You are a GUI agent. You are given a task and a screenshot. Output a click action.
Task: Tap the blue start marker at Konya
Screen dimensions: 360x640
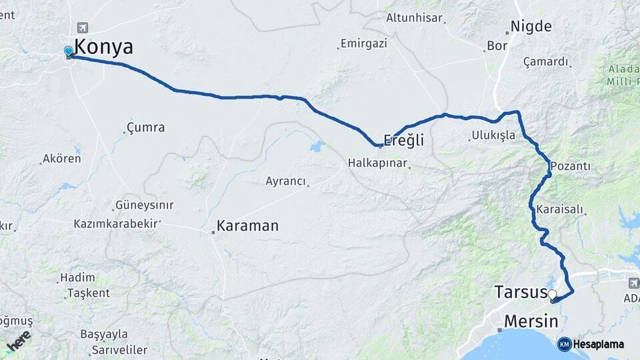point(68,51)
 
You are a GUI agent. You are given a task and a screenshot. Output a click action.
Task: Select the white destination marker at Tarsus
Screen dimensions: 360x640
point(552,294)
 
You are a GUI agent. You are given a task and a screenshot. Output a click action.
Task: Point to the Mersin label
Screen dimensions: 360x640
point(531,321)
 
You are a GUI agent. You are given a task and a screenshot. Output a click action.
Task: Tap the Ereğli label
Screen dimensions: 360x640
point(403,141)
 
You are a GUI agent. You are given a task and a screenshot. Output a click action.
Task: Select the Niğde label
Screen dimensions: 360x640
point(531,27)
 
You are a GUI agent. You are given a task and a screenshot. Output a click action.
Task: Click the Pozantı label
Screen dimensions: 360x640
point(570,165)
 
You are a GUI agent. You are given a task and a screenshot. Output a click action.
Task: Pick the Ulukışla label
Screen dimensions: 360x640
point(493,135)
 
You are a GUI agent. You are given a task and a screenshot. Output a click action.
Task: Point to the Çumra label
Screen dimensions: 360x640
point(145,127)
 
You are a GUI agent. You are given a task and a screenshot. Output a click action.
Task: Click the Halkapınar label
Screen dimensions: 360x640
point(378,163)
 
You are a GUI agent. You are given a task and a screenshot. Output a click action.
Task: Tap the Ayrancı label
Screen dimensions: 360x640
point(285,181)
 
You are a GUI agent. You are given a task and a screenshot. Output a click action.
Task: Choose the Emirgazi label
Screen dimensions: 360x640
point(363,44)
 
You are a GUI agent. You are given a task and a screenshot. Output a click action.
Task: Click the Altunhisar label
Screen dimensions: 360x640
point(414,18)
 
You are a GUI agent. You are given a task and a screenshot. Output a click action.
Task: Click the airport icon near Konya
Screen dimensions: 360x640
point(83,27)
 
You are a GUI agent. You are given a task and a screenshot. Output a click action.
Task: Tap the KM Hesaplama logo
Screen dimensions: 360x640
point(591,344)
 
